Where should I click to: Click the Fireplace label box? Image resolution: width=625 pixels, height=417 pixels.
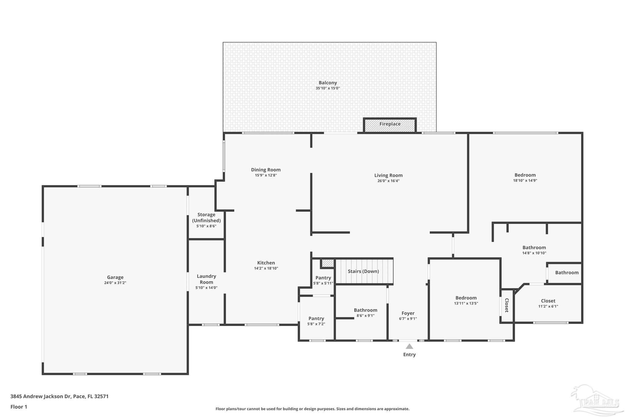click(x=390, y=125)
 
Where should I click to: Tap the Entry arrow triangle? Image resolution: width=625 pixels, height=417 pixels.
click(x=409, y=346)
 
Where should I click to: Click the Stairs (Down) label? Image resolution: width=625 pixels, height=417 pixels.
click(x=363, y=271)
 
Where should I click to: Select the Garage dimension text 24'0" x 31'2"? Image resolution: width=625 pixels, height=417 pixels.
click(x=115, y=283)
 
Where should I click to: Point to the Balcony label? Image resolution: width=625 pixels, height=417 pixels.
click(x=328, y=82)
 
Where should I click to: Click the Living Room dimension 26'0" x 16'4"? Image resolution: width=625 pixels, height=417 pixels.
click(x=388, y=181)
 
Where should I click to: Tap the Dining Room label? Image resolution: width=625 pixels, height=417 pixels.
click(x=266, y=170)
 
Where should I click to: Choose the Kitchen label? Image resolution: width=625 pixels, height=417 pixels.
click(x=266, y=263)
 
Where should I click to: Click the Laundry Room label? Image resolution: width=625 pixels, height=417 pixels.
click(x=206, y=279)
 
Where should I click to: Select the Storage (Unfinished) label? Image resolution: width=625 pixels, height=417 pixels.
click(x=206, y=218)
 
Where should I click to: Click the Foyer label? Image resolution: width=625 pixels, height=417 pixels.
click(x=408, y=313)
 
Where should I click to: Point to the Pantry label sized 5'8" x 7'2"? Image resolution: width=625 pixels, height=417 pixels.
click(x=316, y=318)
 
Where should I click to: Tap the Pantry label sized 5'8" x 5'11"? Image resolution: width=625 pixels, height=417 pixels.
click(x=323, y=278)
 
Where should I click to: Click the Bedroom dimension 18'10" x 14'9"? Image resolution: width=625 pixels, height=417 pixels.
click(x=525, y=181)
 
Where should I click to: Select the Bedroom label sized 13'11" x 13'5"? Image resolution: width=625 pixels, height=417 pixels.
click(x=466, y=298)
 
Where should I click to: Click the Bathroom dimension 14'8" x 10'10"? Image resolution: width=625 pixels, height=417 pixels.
click(x=534, y=253)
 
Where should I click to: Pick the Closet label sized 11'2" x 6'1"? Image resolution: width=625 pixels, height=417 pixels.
click(x=548, y=301)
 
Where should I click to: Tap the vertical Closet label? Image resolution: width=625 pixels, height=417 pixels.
click(x=507, y=305)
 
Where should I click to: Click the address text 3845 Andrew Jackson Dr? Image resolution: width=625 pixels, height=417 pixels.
click(x=41, y=397)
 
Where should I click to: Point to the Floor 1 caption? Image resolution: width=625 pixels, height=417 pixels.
click(x=19, y=407)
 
